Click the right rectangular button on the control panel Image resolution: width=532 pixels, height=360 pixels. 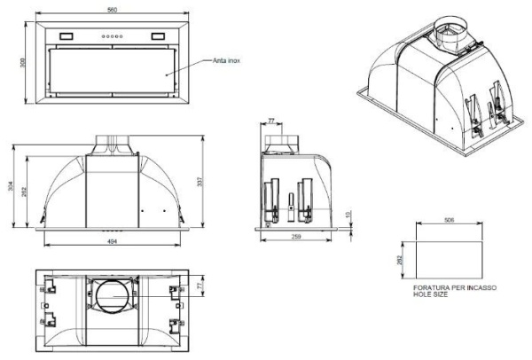pyautogui.click(x=158, y=36)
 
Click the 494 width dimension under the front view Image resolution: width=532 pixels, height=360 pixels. pyautogui.click(x=112, y=240)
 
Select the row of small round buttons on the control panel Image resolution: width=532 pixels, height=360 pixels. pyautogui.click(x=112, y=36)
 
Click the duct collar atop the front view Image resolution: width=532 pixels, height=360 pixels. pyautogui.click(x=113, y=142)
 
